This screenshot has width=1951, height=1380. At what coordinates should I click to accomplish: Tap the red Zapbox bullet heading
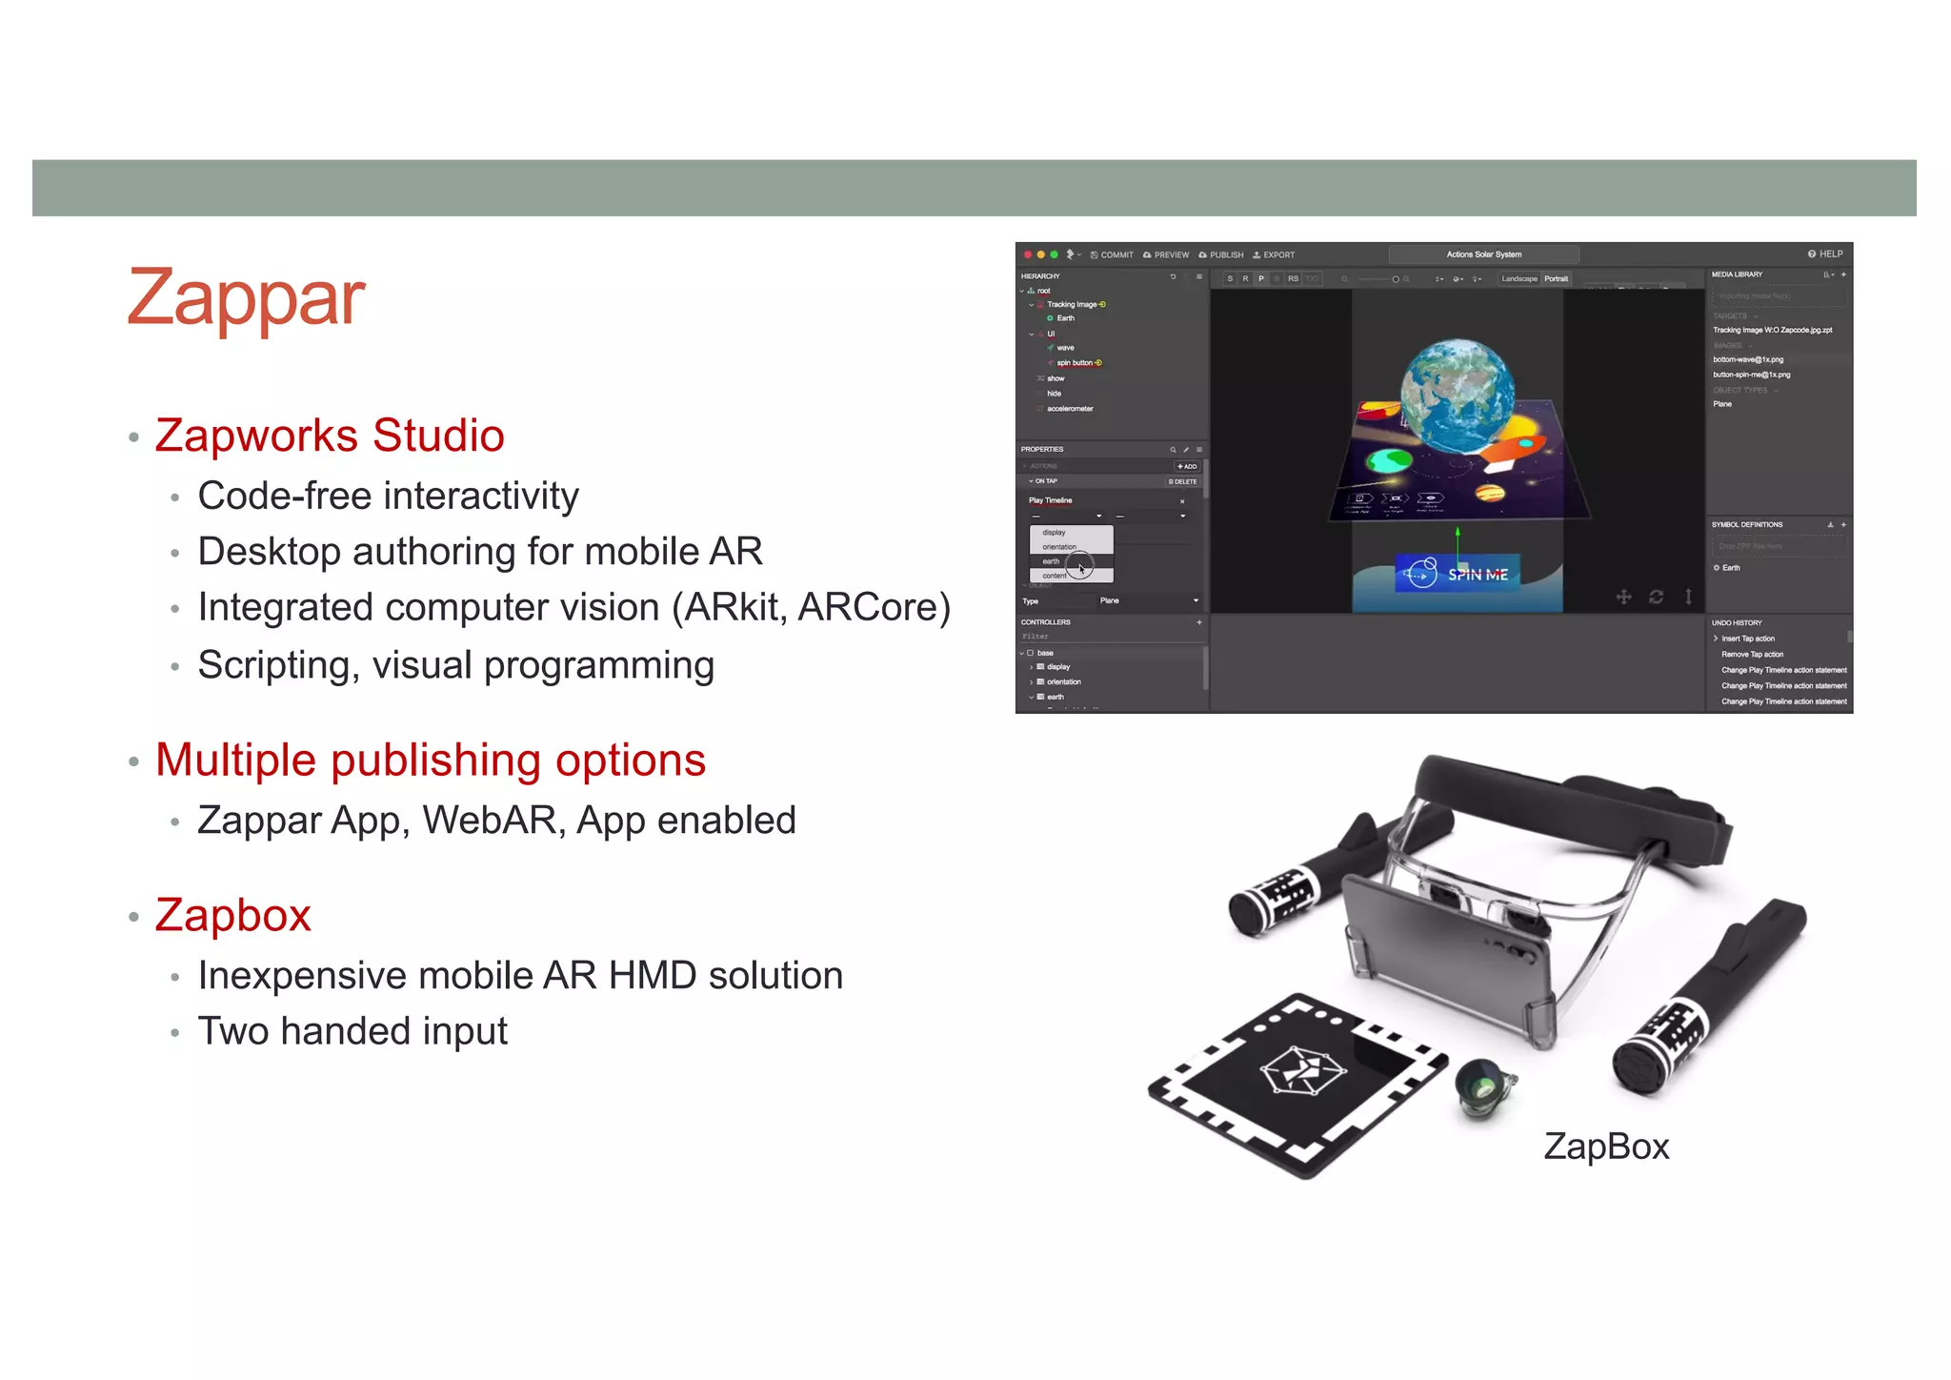coord(233,916)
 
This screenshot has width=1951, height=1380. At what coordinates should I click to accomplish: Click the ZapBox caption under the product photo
coord(1606,1147)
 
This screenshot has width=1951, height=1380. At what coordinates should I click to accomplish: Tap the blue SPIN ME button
coord(1457,574)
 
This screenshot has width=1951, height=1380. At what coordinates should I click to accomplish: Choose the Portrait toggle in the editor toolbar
coord(1556,279)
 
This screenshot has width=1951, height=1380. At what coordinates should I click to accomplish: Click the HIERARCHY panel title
coord(1040,276)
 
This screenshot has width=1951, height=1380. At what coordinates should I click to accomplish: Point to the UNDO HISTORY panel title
coord(1737,623)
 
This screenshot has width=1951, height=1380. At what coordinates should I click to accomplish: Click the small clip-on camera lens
coord(1484,1087)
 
